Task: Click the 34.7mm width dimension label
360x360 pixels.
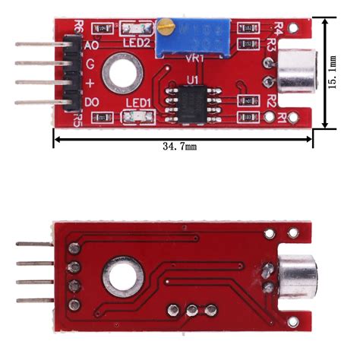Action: coord(179,146)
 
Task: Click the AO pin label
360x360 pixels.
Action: coord(92,46)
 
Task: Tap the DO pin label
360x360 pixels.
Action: coord(92,102)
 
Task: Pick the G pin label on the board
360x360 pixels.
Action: coord(90,65)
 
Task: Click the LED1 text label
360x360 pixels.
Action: coord(137,103)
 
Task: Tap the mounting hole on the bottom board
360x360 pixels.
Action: coord(123,278)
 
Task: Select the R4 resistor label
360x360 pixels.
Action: coord(278,29)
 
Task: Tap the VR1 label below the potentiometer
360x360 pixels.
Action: coord(194,58)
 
